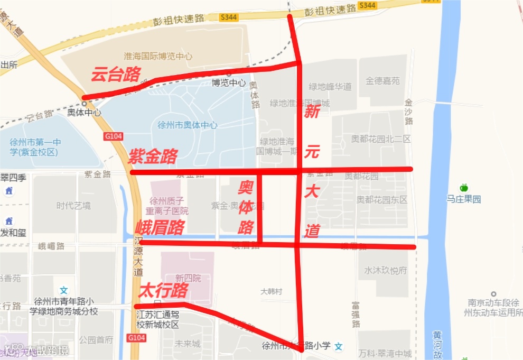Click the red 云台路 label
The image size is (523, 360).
(115, 75)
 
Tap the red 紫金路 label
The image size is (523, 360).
(153, 156)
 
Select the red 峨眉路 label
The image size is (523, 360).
(160, 228)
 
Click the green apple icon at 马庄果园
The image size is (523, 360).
(464, 188)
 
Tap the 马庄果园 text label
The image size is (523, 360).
(464, 199)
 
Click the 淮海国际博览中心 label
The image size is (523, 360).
(158, 56)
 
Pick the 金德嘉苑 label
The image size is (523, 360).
(383, 81)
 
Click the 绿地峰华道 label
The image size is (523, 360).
(330, 87)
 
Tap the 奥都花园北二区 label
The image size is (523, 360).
(381, 139)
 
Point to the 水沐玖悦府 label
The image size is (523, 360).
(386, 271)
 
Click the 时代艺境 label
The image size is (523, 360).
(73, 206)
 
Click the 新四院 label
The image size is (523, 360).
(188, 278)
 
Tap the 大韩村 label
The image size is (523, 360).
(272, 291)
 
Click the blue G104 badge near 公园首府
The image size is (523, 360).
(136, 337)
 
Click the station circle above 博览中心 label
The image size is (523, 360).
(229, 74)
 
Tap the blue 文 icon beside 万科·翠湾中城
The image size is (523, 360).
(339, 346)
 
